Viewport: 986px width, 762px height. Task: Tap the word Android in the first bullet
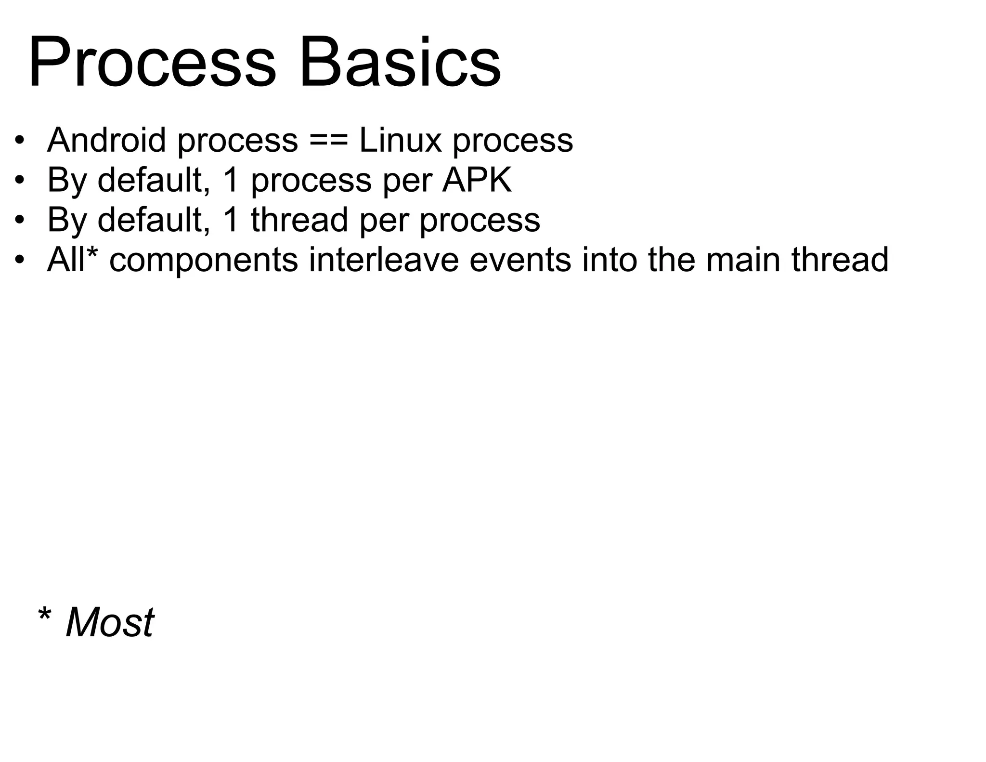[106, 140]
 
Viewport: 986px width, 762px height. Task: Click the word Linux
[400, 140]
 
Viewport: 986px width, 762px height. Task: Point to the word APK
[477, 180]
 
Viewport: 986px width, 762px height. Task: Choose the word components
[204, 260]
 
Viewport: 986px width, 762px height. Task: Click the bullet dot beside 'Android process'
[19, 141]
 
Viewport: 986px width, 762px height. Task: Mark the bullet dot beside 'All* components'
[19, 260]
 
